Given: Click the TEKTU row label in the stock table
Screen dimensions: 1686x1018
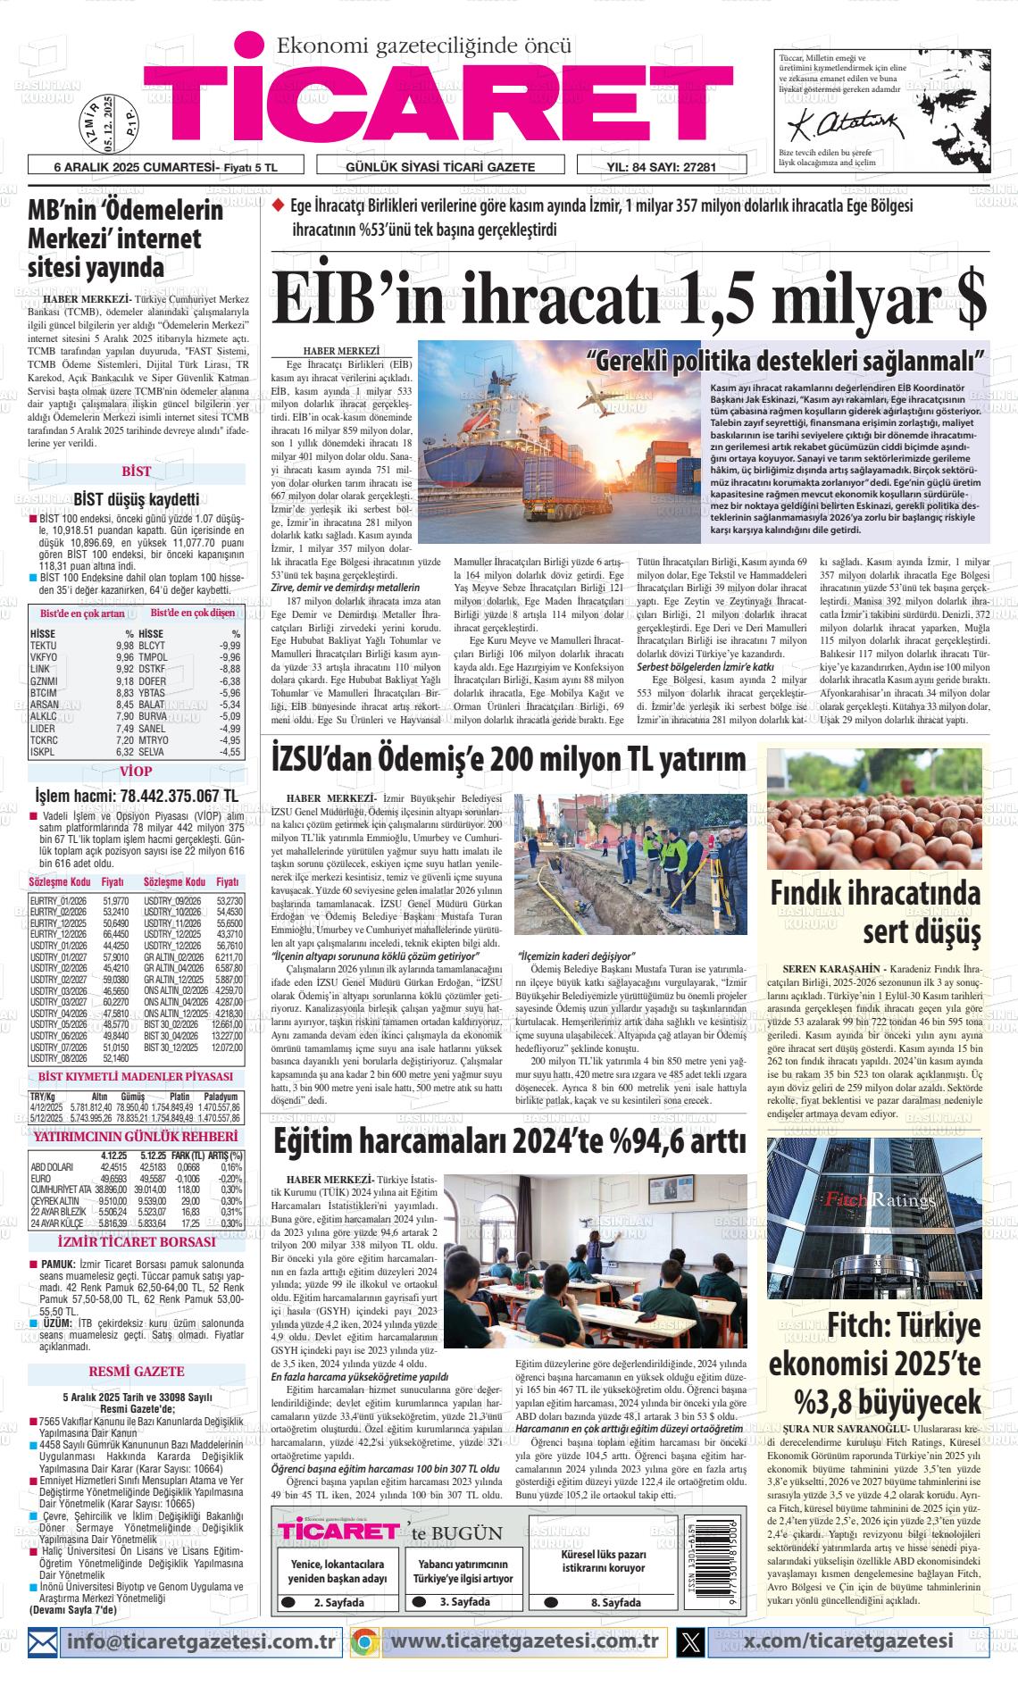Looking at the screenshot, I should pos(44,646).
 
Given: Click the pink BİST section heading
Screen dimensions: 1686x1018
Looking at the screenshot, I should pos(137,472).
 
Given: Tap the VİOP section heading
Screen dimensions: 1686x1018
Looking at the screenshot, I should pos(136,772).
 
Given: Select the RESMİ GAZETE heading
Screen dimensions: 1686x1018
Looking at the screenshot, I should pos(137,1371).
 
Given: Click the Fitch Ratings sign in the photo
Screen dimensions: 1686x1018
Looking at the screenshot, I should pos(865,1199).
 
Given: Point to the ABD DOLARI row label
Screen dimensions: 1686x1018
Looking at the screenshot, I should pos(52,1166).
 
